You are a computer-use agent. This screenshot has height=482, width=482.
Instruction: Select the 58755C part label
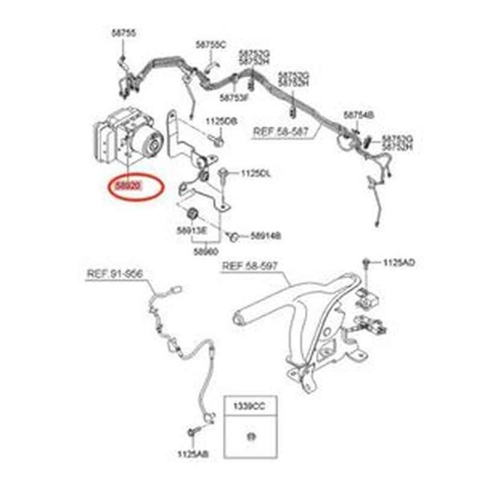[210, 45]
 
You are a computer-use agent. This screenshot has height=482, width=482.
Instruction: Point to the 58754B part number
[359, 114]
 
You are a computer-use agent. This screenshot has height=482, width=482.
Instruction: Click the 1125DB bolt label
[222, 121]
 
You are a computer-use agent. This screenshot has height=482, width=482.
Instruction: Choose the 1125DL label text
[256, 174]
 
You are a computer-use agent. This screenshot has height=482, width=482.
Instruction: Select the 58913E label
[192, 231]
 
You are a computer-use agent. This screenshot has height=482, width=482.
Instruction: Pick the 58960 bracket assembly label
[206, 252]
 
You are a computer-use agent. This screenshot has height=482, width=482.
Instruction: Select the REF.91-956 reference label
[114, 274]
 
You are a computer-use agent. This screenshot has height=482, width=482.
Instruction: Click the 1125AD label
[399, 263]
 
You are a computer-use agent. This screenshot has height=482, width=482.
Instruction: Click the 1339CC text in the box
[251, 407]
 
